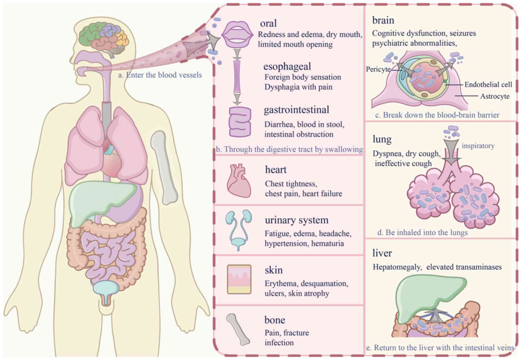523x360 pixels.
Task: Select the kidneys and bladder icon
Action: pos(238,230)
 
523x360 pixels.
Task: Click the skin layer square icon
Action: pos(239,279)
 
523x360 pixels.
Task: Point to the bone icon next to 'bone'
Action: pos(238,329)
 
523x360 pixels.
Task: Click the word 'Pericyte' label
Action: pos(378,69)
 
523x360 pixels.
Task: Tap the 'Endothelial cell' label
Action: pos(488,84)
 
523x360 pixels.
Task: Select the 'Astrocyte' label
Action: pos(495,96)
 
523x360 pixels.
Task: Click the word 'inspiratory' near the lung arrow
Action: pos(478,146)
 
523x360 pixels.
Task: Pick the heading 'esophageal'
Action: pos(287,66)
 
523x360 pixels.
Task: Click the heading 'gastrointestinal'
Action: pos(296,110)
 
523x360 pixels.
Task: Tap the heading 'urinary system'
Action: pos(297,220)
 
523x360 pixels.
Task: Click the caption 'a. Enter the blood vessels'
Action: pos(160,75)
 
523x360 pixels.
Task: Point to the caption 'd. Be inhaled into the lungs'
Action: pos(422,233)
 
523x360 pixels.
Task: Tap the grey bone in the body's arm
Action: pos(164,167)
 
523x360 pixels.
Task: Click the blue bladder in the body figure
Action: pos(106,288)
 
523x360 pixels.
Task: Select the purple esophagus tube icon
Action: pos(237,76)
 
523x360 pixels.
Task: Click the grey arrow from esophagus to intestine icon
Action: pos(237,99)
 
